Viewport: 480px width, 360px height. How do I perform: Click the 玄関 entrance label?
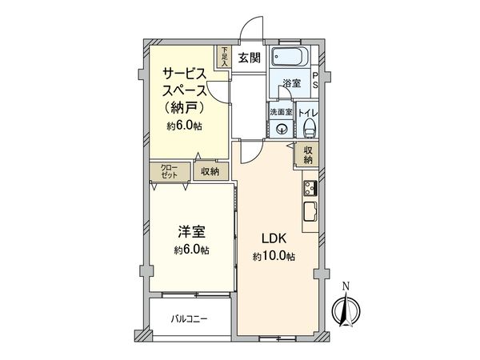[250, 57]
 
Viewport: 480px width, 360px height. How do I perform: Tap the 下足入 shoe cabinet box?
[224, 58]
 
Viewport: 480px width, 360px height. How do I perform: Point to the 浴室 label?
[291, 82]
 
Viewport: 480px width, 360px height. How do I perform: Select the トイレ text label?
[307, 114]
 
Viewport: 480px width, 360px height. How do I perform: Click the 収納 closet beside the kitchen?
[308, 154]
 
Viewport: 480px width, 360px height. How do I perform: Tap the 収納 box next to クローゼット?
[210, 171]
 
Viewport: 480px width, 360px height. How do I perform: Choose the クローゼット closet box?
[170, 171]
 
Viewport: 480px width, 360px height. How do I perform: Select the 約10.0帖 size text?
[274, 256]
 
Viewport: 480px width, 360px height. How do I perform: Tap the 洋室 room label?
[192, 233]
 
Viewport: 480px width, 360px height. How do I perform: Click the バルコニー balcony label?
[190, 318]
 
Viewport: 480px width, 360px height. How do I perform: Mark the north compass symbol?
[345, 307]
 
